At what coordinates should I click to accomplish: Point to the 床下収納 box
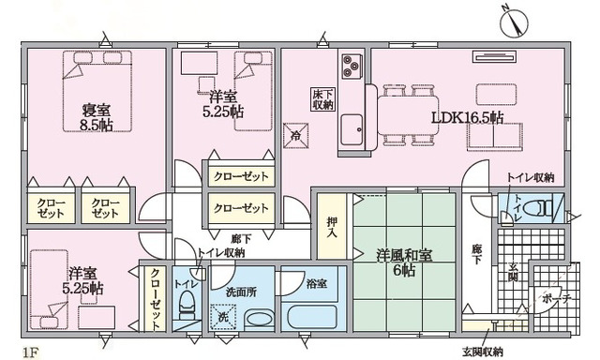321,99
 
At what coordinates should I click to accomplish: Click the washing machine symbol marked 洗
223,317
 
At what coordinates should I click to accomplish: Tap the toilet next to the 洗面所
187,305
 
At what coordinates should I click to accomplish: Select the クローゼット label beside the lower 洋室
155,298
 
